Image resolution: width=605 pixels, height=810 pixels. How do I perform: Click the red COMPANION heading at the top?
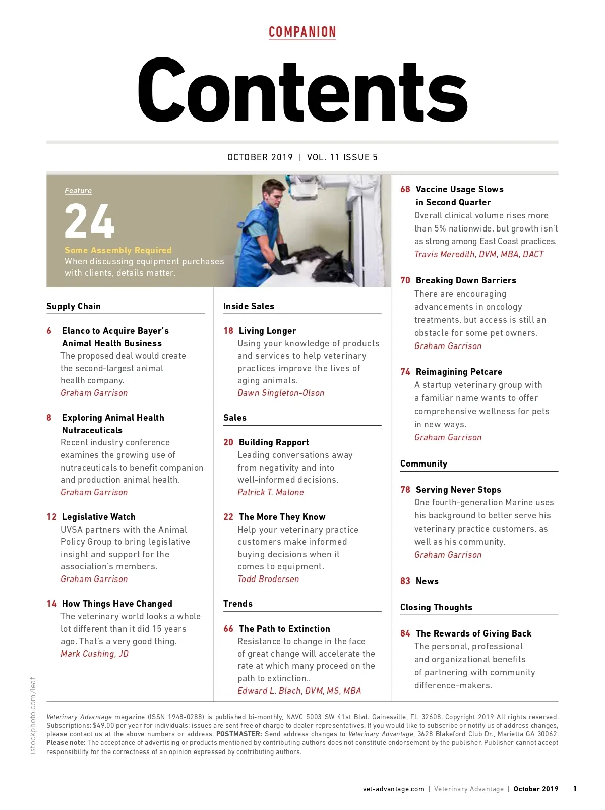click(302, 32)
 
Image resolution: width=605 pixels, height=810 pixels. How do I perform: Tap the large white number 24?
click(89, 221)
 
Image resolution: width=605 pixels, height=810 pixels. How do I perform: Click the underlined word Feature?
click(78, 191)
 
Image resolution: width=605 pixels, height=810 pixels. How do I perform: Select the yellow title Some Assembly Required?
click(118, 250)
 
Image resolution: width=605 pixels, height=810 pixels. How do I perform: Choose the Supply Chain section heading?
click(74, 306)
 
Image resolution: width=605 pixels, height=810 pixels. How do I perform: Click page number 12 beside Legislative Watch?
click(51, 517)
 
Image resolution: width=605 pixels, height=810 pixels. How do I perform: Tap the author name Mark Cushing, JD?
click(94, 654)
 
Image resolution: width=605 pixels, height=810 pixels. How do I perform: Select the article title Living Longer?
click(267, 331)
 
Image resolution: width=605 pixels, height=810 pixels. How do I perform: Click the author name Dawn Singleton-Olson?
click(281, 393)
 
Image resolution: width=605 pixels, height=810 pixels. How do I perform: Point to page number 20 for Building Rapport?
click(228, 442)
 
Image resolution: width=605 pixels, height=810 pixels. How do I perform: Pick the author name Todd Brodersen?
click(268, 579)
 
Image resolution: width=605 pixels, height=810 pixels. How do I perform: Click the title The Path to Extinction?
click(284, 629)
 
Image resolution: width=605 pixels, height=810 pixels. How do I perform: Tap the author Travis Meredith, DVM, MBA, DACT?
click(479, 254)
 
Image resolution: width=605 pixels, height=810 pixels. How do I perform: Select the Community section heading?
click(423, 464)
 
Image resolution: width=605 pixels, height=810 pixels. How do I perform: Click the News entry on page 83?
click(427, 581)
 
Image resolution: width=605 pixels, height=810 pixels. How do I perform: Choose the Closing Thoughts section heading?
click(436, 607)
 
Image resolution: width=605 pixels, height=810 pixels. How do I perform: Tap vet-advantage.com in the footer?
click(393, 789)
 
